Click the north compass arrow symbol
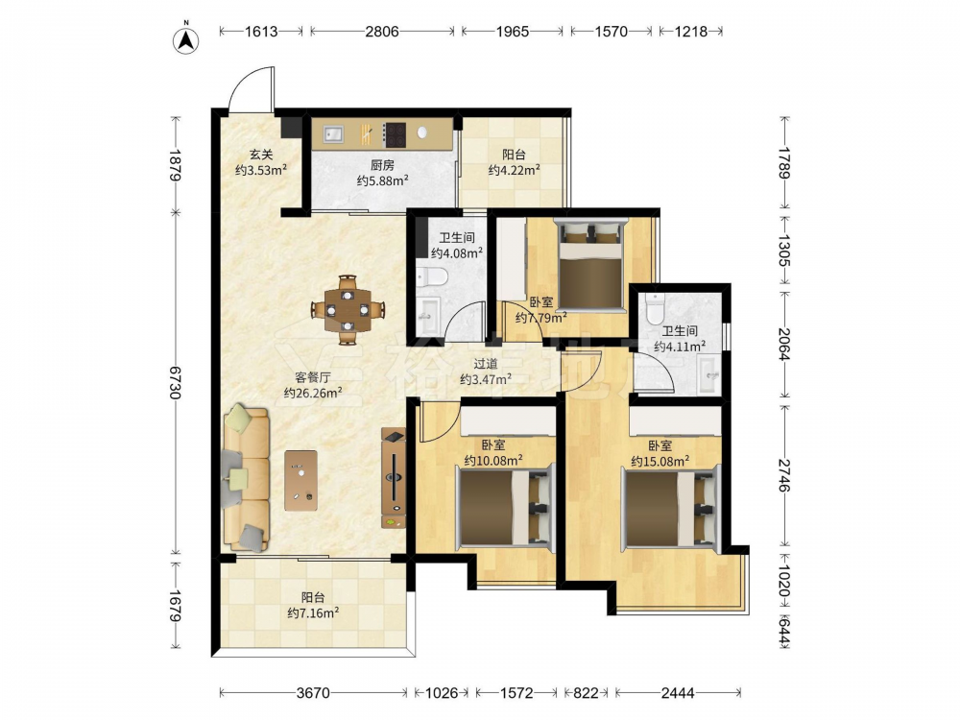188,39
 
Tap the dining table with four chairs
348,309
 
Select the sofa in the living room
247,478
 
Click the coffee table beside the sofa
300,481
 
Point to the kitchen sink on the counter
333,133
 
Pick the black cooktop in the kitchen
395,134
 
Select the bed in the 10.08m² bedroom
505,506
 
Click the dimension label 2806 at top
382,31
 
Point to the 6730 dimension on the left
176,383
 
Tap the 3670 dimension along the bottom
313,693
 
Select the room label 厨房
383,165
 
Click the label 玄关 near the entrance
261,155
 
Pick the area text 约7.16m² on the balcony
313,612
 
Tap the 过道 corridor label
486,364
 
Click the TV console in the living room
393,478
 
